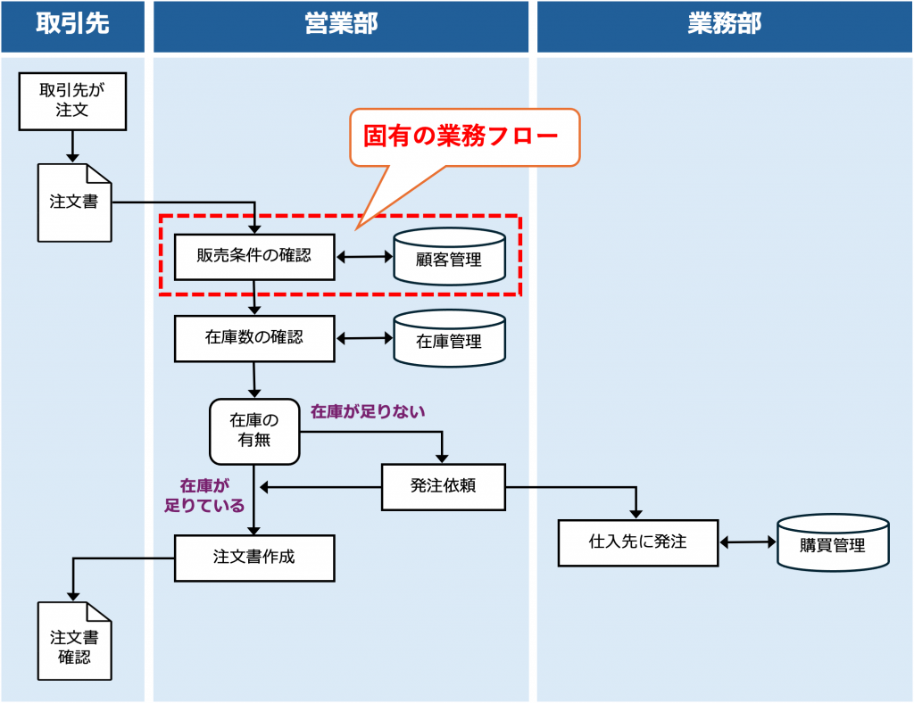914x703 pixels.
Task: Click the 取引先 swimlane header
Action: (x=72, y=24)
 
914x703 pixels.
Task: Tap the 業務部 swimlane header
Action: (x=724, y=24)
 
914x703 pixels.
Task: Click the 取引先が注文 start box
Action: (x=72, y=100)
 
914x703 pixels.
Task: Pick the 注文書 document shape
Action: (x=74, y=203)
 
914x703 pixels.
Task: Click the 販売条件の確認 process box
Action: (x=254, y=256)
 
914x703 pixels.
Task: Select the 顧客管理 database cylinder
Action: (x=449, y=258)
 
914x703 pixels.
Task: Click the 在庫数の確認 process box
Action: (x=254, y=338)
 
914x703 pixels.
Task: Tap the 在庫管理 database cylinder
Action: (x=449, y=339)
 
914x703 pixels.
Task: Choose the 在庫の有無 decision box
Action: (x=254, y=430)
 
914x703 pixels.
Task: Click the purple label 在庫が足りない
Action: (x=368, y=411)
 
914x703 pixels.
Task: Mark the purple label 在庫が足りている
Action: (x=204, y=495)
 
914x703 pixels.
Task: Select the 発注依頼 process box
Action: (x=443, y=486)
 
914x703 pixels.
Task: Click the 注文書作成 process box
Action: (x=254, y=558)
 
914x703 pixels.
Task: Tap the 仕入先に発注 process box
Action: (x=637, y=542)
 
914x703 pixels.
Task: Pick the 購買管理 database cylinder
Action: (x=833, y=543)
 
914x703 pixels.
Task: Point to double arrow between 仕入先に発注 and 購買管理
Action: (x=748, y=542)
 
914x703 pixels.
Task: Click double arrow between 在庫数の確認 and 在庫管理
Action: (x=364, y=338)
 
